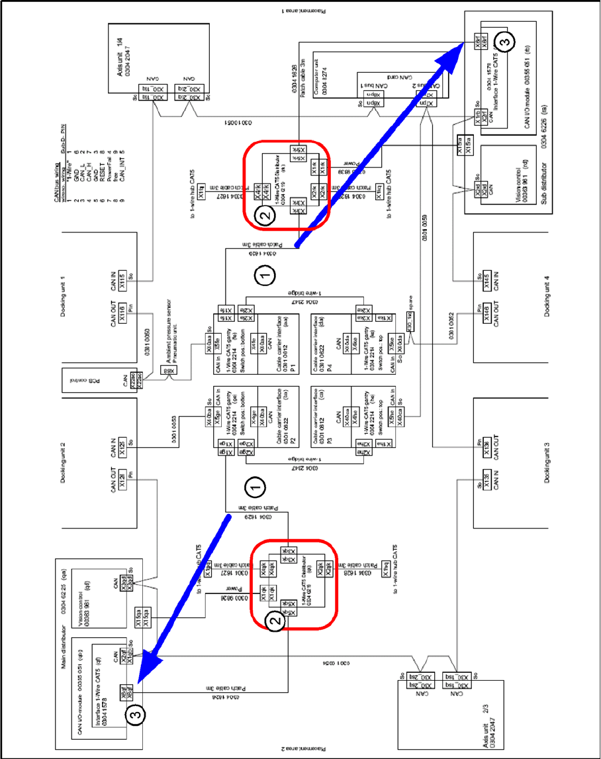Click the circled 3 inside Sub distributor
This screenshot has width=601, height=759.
[504, 42]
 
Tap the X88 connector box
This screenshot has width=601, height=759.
[169, 372]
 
